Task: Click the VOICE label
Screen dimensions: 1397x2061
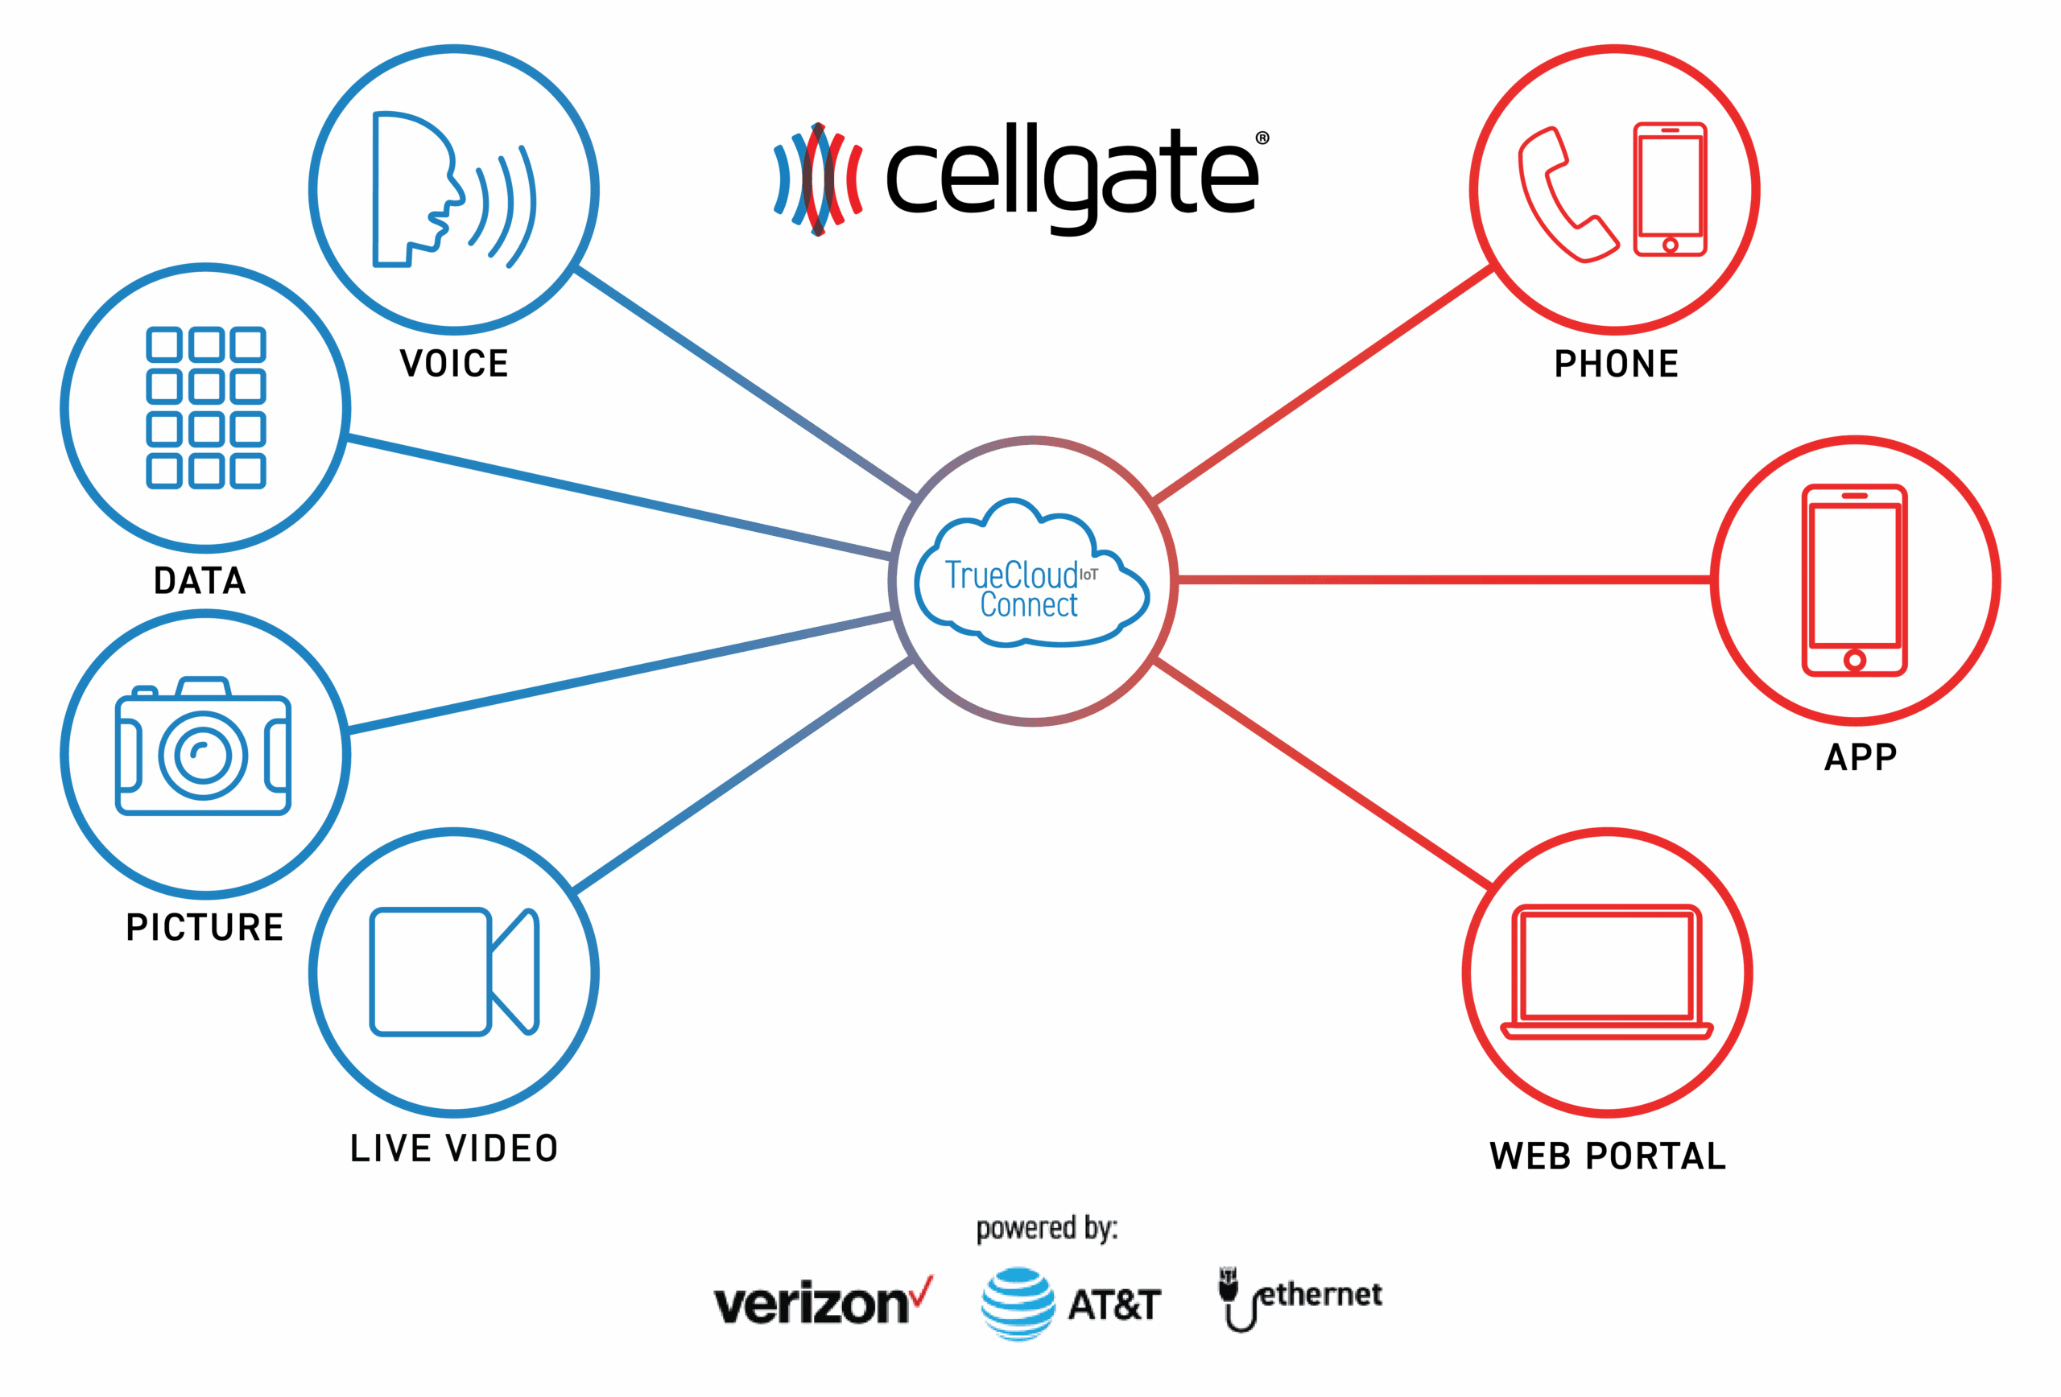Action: point(454,364)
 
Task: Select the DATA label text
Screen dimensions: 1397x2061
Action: point(200,580)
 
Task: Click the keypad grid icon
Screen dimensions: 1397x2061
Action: point(206,408)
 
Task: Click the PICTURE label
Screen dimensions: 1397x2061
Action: point(204,927)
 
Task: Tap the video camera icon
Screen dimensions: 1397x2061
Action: point(453,971)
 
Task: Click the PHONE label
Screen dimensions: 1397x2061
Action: point(1616,364)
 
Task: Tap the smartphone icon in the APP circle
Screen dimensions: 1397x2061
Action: point(1854,579)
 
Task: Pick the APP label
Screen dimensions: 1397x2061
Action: point(1861,757)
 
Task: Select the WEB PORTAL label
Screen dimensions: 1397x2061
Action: point(1608,1156)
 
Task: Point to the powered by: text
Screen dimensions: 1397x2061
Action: point(1047,1228)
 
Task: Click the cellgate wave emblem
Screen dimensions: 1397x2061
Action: point(818,180)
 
